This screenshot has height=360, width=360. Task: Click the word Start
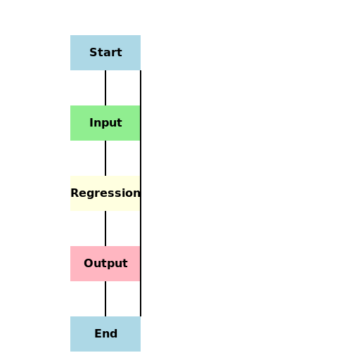coord(105,53)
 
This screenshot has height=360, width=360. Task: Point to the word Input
coord(105,123)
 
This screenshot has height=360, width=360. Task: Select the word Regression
coord(105,193)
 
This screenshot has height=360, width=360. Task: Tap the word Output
coord(105,264)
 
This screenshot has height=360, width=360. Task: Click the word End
coord(105,334)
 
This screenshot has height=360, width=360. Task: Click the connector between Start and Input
coord(105,88)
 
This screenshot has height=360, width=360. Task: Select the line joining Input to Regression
coord(105,158)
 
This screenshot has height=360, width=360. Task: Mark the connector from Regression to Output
coord(105,229)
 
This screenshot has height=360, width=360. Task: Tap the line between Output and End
coord(105,299)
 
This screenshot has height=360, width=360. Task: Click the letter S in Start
coord(93,53)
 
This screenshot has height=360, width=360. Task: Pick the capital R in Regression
coord(74,193)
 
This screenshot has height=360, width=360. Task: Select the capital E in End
coord(97,334)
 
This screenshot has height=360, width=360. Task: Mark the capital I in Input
coord(91,123)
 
